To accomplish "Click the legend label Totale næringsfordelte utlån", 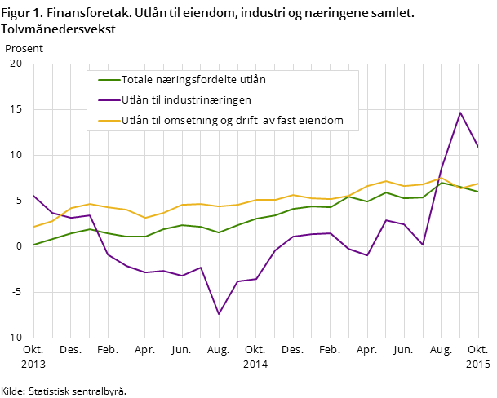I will pos(193,80).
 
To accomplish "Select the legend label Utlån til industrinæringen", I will pos(186,100).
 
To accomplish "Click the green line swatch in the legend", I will pos(109,80).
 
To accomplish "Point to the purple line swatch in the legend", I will pos(109,100).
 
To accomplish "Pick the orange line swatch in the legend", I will pos(109,121).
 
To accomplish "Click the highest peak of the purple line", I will pos(460,113).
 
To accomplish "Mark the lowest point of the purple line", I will pos(219,314).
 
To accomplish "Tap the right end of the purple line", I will pos(478,148).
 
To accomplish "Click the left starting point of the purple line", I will pos(33,196).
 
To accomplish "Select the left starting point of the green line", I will pos(33,245).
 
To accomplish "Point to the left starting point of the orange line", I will pos(33,227).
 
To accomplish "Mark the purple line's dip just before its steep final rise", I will pos(423,245).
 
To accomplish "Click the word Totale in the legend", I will pos(139,80).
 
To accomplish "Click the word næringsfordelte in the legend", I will pos(195,80).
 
